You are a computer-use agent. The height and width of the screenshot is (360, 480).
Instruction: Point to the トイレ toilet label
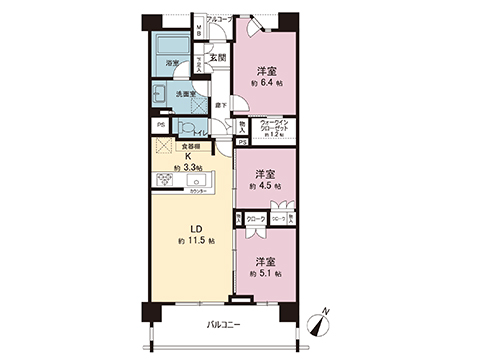point(200,130)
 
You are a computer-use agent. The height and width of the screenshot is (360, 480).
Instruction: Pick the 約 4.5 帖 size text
point(265,185)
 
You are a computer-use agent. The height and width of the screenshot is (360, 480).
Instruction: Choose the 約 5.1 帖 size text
point(265,273)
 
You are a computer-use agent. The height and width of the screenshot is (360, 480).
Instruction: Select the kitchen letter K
point(187,156)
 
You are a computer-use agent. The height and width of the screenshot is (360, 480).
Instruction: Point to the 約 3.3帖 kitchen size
point(187,167)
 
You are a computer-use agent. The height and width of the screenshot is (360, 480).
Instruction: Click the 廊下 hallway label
point(219,104)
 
